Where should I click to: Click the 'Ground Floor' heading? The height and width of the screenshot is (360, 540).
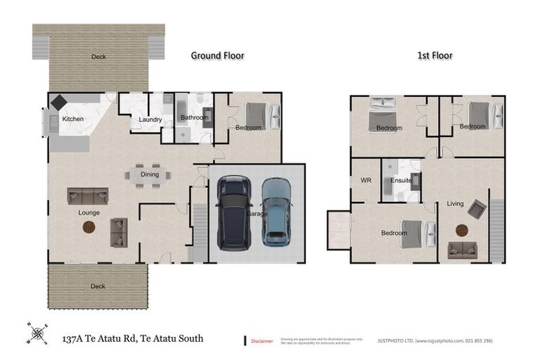coord(217,56)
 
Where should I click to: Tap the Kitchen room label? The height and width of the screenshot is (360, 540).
coord(72,119)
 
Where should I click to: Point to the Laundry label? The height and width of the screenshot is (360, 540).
coord(150,120)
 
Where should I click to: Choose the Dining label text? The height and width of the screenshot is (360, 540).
coord(150,174)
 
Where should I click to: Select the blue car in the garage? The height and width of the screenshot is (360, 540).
coord(276,210)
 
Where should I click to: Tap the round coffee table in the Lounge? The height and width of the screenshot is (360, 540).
coord(89,226)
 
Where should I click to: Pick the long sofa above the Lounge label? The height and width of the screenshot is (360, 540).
coord(87,195)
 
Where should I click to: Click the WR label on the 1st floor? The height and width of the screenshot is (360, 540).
coord(366,180)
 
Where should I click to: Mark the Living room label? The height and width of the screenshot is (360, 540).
coord(455,204)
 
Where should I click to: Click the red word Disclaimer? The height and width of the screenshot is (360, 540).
coord(262,341)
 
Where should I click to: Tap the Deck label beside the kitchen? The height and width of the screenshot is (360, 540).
coord(98,57)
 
